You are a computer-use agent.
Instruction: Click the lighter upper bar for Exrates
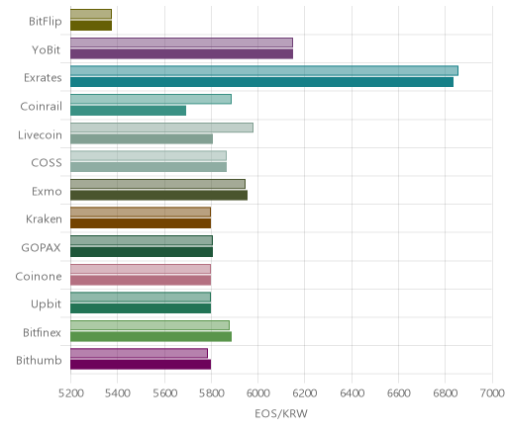(x=264, y=71)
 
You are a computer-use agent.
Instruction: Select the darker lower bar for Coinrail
(x=128, y=111)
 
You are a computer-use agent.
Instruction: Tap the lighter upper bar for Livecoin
(x=161, y=128)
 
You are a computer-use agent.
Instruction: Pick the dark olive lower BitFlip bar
(x=91, y=26)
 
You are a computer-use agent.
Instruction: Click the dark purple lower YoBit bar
(x=181, y=53)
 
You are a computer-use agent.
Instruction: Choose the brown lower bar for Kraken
(x=141, y=223)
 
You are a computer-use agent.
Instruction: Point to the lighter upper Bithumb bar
(x=139, y=353)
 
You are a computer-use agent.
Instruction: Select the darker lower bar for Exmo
(x=158, y=195)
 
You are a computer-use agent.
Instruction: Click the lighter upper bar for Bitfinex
(x=150, y=325)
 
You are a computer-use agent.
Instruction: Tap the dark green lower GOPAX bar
(x=142, y=252)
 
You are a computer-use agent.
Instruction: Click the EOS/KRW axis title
(x=281, y=413)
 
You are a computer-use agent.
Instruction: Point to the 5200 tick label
(x=70, y=393)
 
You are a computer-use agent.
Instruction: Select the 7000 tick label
(x=492, y=393)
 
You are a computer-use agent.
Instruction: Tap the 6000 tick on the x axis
(x=257, y=393)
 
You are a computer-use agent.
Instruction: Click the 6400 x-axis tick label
(x=352, y=393)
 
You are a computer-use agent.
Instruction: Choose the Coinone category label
(x=39, y=276)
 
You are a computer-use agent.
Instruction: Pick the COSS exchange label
(x=47, y=162)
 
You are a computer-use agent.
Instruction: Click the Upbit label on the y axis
(x=47, y=303)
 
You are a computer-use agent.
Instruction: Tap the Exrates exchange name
(x=43, y=78)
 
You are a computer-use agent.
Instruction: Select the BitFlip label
(x=46, y=22)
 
